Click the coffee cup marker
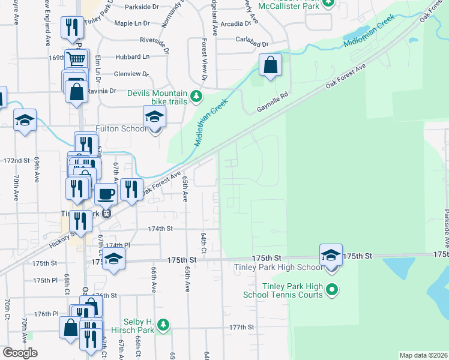click(x=106, y=194)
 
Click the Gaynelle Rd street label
click(x=273, y=103)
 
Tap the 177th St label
click(x=242, y=327)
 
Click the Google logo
click(x=20, y=353)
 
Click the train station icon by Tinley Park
click(x=106, y=213)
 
